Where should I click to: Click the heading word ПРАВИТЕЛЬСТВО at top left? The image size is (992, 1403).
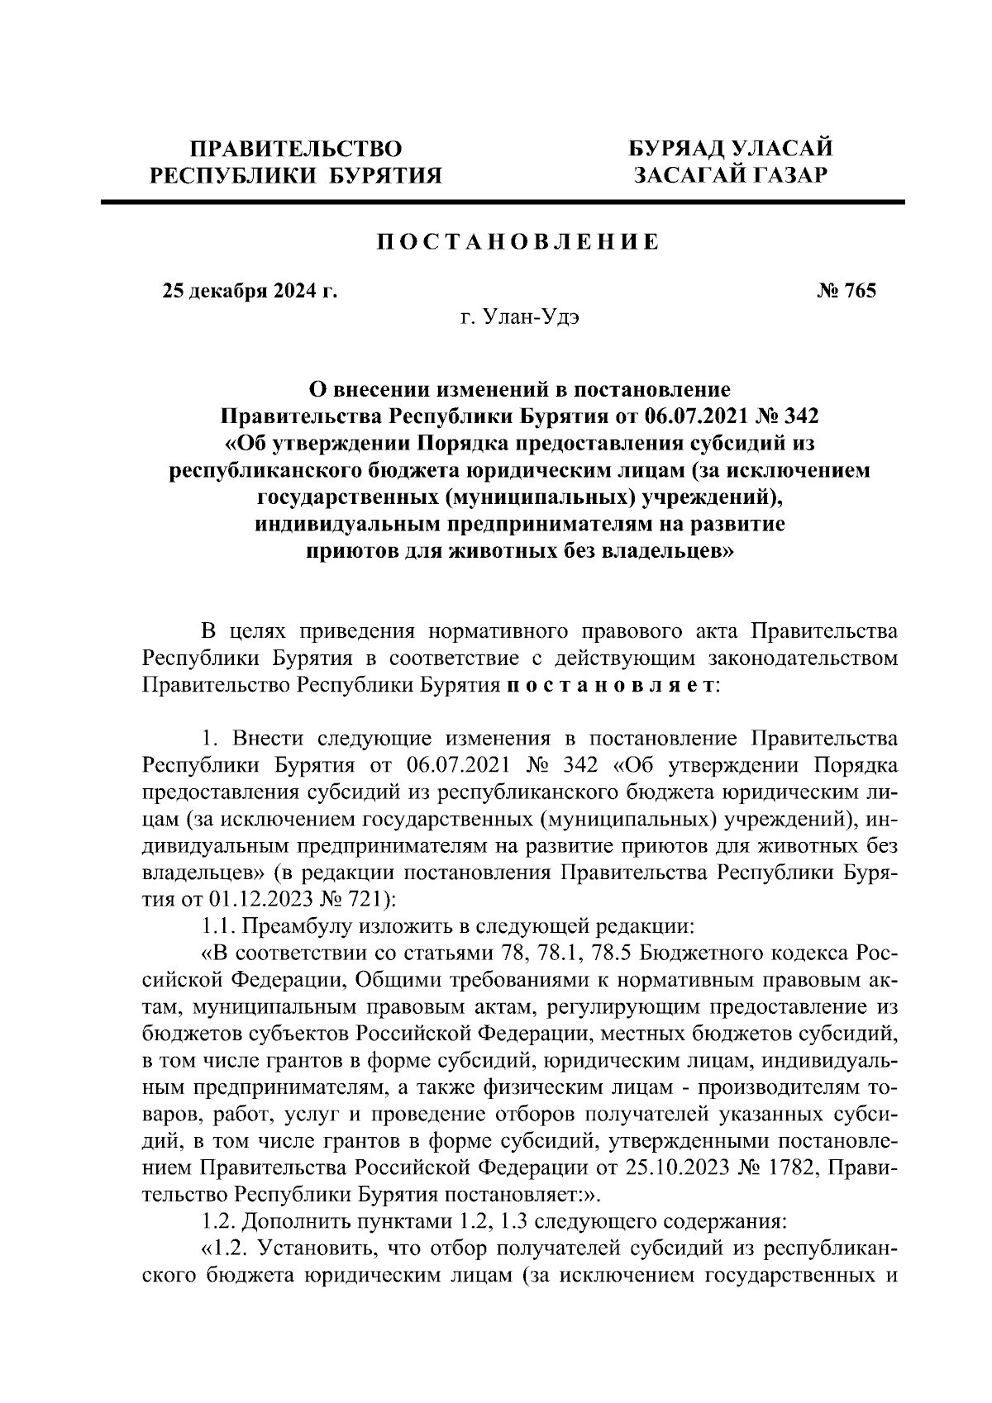[297, 149]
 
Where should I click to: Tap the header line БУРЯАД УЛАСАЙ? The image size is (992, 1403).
[730, 149]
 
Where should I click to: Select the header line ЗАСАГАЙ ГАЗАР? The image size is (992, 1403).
[730, 175]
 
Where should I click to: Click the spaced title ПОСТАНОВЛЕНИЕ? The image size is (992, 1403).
[519, 242]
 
